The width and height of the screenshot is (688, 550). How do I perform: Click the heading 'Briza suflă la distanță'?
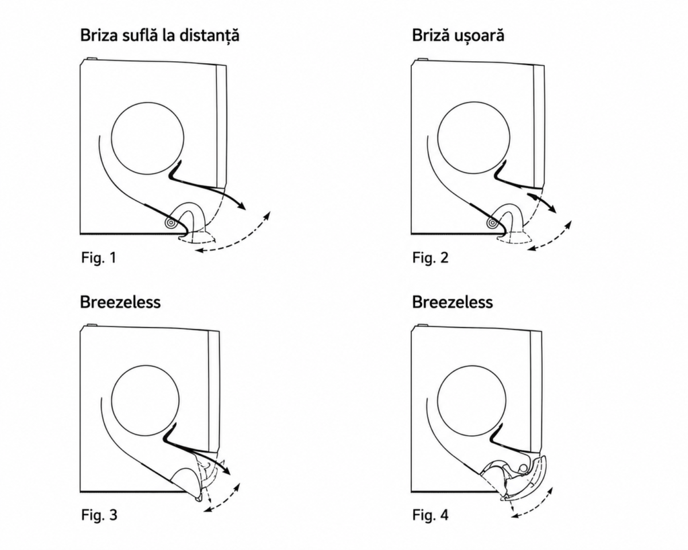160,36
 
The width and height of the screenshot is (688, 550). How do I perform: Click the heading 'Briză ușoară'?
458,36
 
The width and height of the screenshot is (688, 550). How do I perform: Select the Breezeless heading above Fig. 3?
120,302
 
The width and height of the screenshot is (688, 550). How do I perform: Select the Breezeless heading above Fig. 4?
452,302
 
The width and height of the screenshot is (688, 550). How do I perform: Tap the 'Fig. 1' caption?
99,257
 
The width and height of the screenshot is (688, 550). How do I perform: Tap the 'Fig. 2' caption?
431,257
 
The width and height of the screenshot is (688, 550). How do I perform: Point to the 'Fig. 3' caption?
99,514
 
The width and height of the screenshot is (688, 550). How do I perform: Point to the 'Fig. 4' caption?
431,514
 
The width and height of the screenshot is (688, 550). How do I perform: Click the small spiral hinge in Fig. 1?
170,223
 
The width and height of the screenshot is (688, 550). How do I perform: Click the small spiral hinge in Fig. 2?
492,223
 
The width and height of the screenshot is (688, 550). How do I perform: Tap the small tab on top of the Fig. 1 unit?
91,58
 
